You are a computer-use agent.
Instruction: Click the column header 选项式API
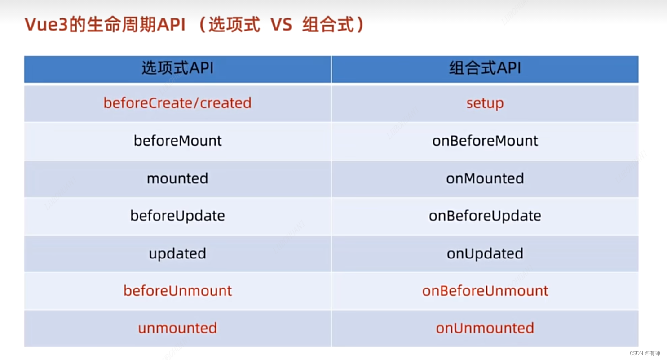pyautogui.click(x=177, y=69)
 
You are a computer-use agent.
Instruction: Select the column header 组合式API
pyautogui.click(x=485, y=69)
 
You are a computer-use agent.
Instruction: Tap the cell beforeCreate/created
pyautogui.click(x=177, y=103)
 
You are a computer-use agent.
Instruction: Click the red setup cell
pyautogui.click(x=485, y=103)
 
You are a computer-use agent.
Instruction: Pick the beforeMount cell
pyautogui.click(x=177, y=141)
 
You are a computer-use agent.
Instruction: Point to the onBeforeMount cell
pyautogui.click(x=485, y=141)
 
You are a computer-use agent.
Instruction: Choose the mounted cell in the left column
pyautogui.click(x=177, y=178)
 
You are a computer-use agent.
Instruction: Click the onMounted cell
pyautogui.click(x=485, y=178)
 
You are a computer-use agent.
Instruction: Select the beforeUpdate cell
pyautogui.click(x=177, y=216)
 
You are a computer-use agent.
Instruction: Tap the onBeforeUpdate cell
pyautogui.click(x=485, y=216)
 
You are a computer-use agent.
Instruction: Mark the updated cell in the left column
pyautogui.click(x=177, y=253)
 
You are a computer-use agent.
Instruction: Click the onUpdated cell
pyautogui.click(x=485, y=253)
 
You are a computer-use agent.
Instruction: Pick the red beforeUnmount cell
pyautogui.click(x=177, y=291)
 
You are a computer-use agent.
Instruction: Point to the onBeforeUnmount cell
pyautogui.click(x=485, y=291)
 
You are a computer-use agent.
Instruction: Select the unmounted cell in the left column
pyautogui.click(x=177, y=328)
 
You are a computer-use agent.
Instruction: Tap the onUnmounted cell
pyautogui.click(x=485, y=328)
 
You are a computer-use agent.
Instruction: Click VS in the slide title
pyautogui.click(x=281, y=25)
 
